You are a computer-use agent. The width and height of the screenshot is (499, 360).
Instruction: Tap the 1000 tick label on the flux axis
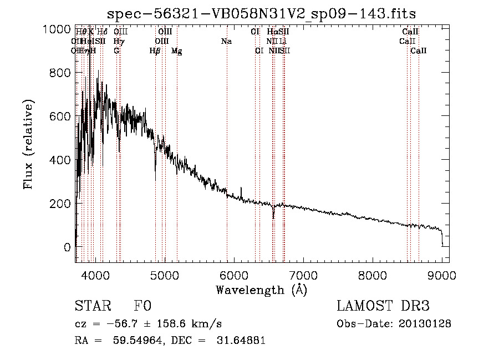[56, 29]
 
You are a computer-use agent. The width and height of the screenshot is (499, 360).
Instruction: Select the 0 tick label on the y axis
[67, 247]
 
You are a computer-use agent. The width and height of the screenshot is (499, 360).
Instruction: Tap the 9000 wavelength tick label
[442, 274]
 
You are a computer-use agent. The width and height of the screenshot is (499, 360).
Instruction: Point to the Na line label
[226, 41]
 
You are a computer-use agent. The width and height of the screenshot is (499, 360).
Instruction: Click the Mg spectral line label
[176, 51]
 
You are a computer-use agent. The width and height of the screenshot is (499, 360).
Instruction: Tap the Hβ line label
[155, 51]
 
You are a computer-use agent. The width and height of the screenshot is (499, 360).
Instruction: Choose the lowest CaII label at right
[419, 51]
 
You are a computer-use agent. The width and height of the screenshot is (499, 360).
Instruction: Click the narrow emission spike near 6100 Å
[241, 189]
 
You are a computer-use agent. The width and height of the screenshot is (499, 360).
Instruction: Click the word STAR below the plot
[91, 307]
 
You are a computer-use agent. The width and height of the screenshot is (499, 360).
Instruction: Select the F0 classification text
[142, 307]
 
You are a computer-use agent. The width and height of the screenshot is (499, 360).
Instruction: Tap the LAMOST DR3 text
[383, 307]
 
